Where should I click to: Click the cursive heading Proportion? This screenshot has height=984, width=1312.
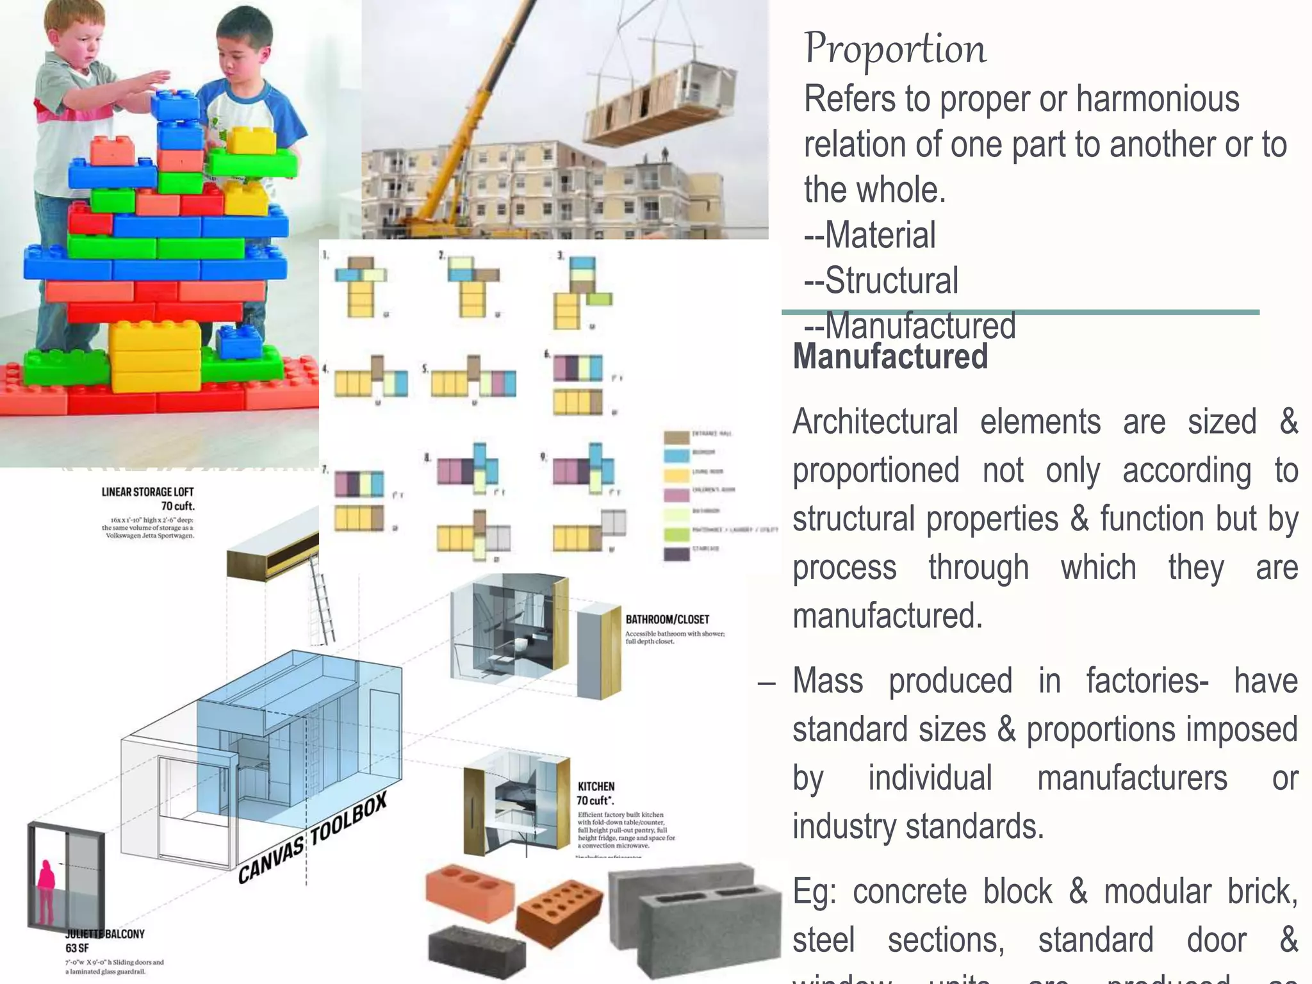[x=895, y=49]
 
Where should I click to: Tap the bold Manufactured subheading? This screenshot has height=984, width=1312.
[x=890, y=357]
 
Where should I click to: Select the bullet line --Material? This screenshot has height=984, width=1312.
[x=869, y=235]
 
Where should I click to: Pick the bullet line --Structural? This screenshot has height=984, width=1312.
[x=881, y=281]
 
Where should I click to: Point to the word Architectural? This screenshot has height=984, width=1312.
[x=875, y=422]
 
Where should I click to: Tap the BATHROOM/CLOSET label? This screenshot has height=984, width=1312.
[x=667, y=619]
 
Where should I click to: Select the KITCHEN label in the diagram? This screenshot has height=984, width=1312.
[x=596, y=787]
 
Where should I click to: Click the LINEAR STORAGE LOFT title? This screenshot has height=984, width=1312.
[x=147, y=492]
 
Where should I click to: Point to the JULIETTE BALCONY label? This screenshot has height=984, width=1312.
[x=105, y=934]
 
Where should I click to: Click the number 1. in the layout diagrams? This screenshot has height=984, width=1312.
[x=325, y=255]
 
